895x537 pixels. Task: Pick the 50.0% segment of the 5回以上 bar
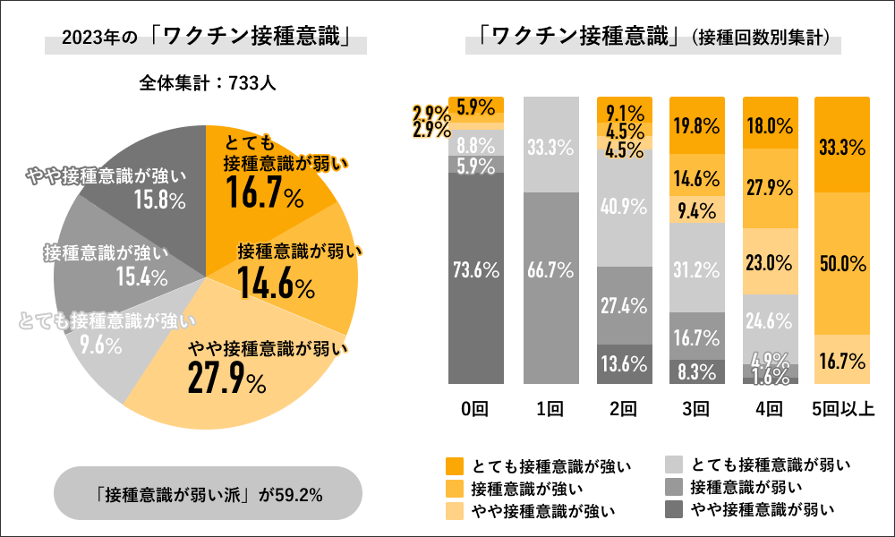pos(842,263)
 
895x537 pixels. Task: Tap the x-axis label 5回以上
pos(842,409)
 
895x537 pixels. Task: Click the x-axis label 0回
pos(475,409)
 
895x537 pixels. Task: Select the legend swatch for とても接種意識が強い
pos(455,465)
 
